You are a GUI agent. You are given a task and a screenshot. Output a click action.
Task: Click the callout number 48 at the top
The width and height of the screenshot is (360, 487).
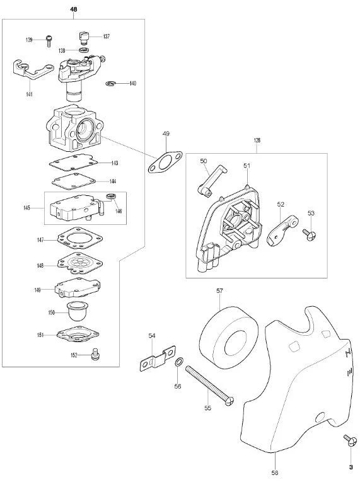[x=73, y=9]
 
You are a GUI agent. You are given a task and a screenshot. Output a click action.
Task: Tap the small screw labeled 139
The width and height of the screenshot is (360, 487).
[x=49, y=41]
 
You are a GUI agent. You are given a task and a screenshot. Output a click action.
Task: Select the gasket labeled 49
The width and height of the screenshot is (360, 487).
[x=165, y=162]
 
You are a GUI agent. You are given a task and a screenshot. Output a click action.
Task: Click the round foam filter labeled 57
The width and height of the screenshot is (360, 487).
[x=228, y=338]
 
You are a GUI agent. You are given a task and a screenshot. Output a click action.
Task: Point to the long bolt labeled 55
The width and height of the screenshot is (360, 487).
[x=209, y=385]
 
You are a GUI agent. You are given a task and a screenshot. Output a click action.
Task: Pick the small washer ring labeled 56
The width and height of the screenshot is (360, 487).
[x=179, y=362]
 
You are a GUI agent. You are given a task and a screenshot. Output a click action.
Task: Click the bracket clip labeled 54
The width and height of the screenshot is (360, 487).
[x=158, y=358]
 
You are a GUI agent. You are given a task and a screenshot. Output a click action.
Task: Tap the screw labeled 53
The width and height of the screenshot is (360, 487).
[x=310, y=235]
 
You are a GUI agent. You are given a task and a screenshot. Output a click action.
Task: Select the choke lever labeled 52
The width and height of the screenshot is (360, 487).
[x=282, y=230]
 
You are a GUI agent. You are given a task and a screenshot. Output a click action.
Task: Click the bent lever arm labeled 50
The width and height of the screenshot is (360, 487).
[x=212, y=181]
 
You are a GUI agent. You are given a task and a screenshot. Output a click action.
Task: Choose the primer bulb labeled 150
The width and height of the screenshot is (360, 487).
[x=77, y=311]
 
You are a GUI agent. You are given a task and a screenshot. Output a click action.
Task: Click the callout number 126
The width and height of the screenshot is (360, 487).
[x=257, y=140]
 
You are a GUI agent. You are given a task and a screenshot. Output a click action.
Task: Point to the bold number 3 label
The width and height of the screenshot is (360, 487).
[x=351, y=467]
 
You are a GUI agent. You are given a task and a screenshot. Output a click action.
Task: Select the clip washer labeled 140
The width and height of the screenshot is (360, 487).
[x=110, y=84]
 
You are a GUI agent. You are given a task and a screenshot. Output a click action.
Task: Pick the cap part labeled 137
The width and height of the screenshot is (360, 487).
[x=83, y=38]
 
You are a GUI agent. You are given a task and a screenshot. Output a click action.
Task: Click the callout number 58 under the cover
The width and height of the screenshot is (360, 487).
[x=275, y=473]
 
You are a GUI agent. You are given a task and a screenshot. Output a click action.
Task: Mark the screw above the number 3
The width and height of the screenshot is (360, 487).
[x=350, y=440]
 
